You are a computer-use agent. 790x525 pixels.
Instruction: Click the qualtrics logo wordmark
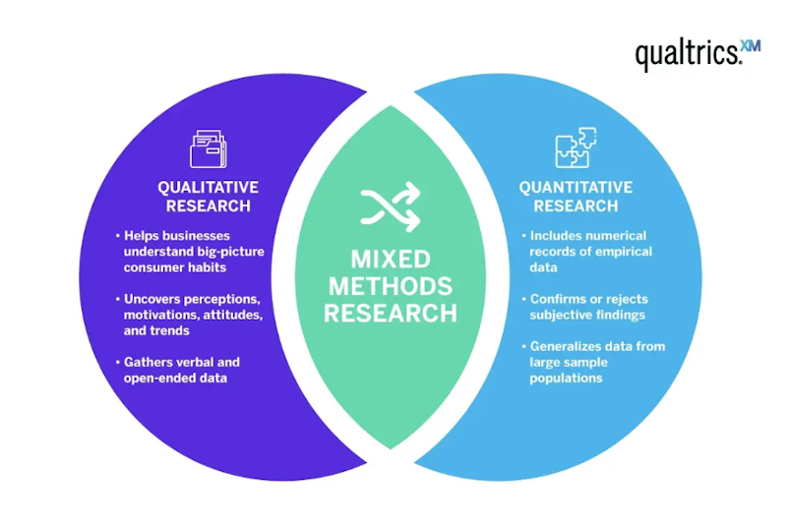coord(689,54)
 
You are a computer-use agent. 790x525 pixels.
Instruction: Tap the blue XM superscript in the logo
coord(752,46)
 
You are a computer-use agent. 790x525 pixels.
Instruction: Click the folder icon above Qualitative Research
coord(209,148)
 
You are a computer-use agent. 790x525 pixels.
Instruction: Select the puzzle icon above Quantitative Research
coord(576,147)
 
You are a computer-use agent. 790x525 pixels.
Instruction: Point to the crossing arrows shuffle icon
coord(391,206)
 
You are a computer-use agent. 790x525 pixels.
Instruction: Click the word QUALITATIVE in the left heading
coord(209,187)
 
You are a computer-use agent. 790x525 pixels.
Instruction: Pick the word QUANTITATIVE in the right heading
coord(576,187)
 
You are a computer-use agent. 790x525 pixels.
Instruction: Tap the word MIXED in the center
coord(391,260)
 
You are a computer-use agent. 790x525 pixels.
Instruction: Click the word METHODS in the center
coord(391,286)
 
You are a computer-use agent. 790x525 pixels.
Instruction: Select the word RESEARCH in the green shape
coord(391,313)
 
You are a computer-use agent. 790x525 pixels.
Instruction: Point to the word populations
coord(566,379)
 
